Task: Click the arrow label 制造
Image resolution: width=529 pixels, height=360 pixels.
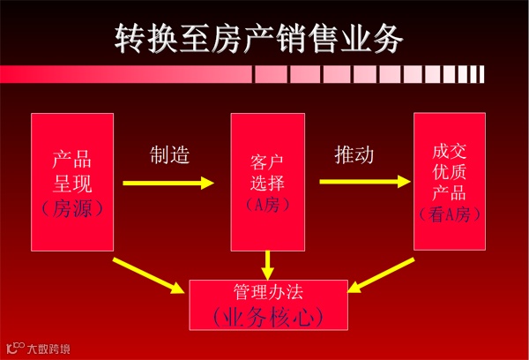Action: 168,155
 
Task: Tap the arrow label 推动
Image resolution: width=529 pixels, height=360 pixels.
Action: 354,155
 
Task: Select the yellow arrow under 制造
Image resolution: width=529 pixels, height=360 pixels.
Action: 168,184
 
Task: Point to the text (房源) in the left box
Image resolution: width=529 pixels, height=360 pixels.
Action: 72,208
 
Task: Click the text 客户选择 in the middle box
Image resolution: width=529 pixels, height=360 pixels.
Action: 268,174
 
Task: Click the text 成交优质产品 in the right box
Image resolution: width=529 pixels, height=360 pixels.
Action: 450,173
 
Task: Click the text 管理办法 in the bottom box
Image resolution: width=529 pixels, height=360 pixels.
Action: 268,290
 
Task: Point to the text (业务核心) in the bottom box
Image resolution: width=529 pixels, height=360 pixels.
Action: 268,315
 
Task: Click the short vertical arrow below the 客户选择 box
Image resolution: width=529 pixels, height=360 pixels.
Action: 268,263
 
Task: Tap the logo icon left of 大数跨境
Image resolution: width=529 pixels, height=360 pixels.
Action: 14,347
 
